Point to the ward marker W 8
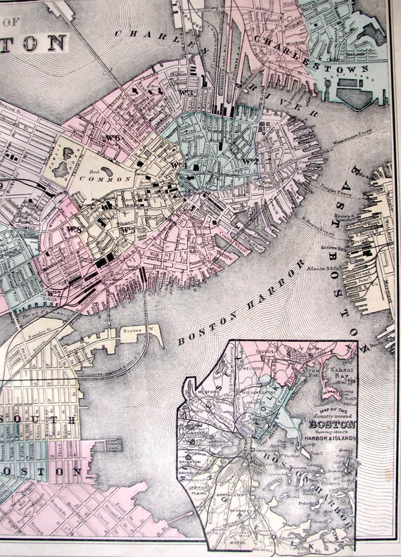74,228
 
